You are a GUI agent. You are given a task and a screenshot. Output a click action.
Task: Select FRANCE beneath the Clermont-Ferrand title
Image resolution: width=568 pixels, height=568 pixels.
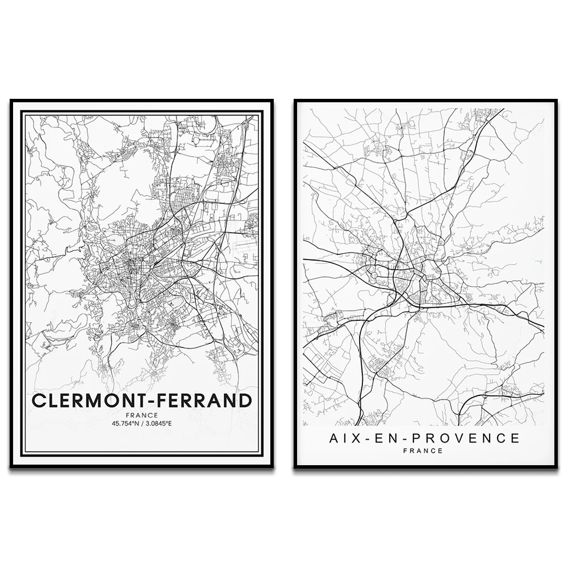click(142, 415)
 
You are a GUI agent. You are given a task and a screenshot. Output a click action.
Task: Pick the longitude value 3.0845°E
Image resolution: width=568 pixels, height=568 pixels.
click(159, 423)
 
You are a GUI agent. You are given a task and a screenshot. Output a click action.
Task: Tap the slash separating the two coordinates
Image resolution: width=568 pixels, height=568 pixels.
click(143, 423)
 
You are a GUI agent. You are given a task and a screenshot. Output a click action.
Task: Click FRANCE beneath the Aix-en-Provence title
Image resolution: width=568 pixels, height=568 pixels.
click(423, 451)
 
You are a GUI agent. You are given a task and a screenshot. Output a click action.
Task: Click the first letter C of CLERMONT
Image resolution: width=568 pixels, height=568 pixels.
click(38, 400)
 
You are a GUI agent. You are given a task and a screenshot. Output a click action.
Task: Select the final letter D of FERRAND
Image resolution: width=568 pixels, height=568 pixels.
click(244, 400)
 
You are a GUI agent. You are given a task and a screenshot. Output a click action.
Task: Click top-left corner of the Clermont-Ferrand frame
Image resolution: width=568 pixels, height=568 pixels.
click(11, 101)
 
